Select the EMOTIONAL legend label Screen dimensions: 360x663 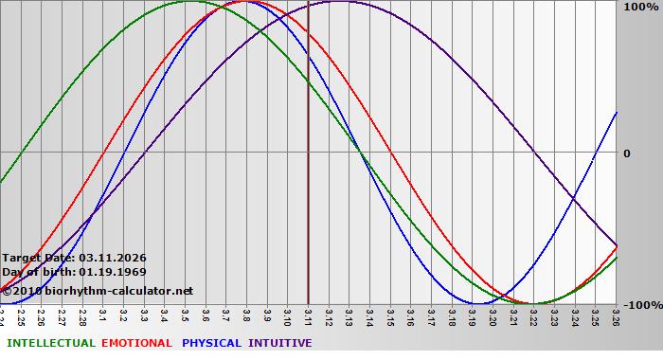click(x=136, y=343)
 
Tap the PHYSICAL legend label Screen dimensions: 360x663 click(x=212, y=343)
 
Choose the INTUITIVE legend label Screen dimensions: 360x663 click(x=280, y=343)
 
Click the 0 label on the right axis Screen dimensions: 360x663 click(x=626, y=153)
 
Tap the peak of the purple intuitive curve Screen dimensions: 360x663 click(x=339, y=2)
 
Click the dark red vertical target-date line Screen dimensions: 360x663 click(x=309, y=189)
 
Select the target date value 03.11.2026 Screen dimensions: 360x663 click(x=113, y=258)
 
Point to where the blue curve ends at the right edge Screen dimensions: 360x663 click(x=616, y=113)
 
